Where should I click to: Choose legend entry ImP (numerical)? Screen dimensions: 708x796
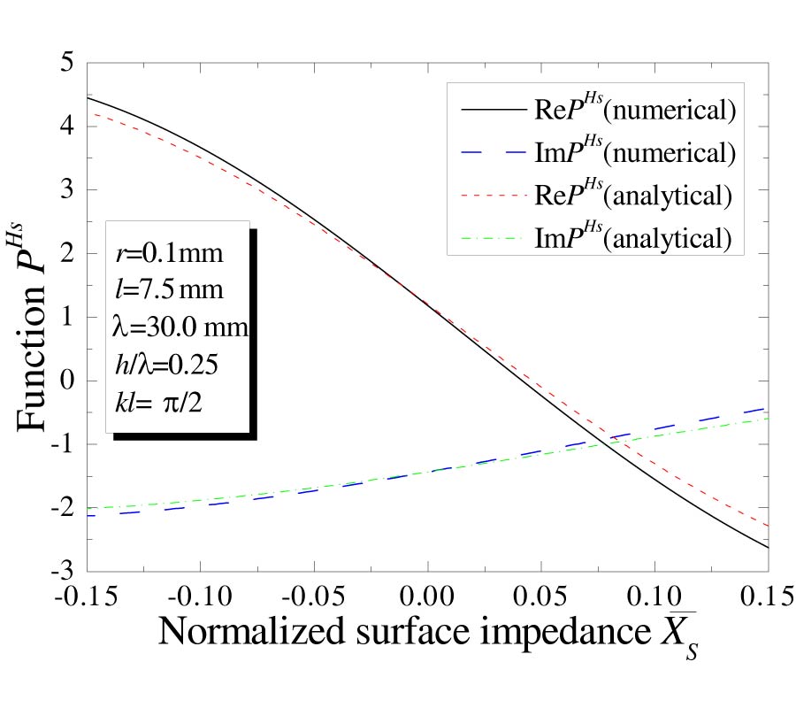click(633, 152)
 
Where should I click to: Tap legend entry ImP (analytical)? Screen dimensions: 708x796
click(633, 237)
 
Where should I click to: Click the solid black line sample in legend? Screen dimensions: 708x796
click(492, 111)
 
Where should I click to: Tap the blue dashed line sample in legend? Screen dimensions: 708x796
click(492, 153)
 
